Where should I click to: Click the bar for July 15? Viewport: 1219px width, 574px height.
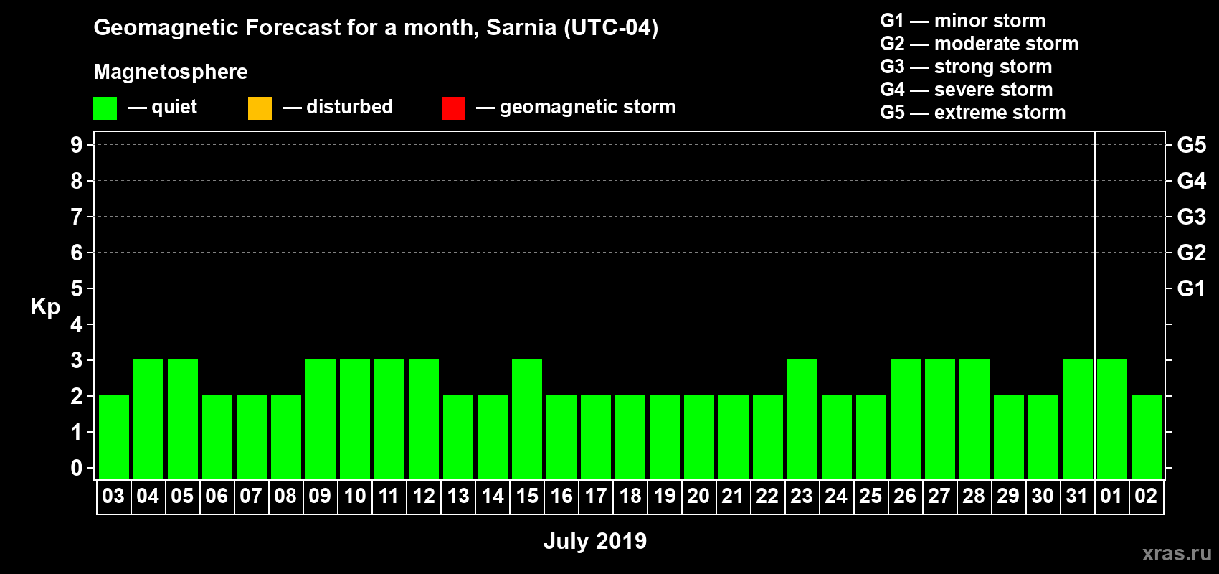click(527, 419)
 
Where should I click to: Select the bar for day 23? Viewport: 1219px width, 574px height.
click(802, 419)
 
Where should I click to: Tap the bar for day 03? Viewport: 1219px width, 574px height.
click(114, 437)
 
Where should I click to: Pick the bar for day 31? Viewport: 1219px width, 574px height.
click(1078, 419)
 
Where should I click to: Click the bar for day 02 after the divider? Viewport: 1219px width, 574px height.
click(1147, 437)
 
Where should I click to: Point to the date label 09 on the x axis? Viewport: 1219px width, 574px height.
click(320, 496)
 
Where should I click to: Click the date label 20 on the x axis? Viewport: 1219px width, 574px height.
click(698, 496)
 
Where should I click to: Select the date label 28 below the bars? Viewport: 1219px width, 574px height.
click(974, 496)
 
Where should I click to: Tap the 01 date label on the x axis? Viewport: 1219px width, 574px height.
click(1111, 496)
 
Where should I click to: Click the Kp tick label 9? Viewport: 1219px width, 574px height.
click(77, 145)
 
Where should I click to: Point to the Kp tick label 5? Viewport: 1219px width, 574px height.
click(77, 288)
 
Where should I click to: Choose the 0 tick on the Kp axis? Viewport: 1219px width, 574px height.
click(77, 468)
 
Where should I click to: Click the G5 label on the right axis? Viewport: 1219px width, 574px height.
click(1191, 145)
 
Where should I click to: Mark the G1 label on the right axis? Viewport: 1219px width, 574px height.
click(1191, 288)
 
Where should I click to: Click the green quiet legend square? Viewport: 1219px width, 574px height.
click(105, 108)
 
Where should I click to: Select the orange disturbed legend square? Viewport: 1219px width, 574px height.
click(260, 108)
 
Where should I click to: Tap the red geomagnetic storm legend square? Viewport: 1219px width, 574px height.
click(453, 108)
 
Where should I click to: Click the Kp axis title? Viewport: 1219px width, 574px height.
click(45, 306)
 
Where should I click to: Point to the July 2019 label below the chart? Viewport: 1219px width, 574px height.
click(595, 541)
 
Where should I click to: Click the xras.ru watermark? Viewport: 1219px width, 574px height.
click(1177, 552)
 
